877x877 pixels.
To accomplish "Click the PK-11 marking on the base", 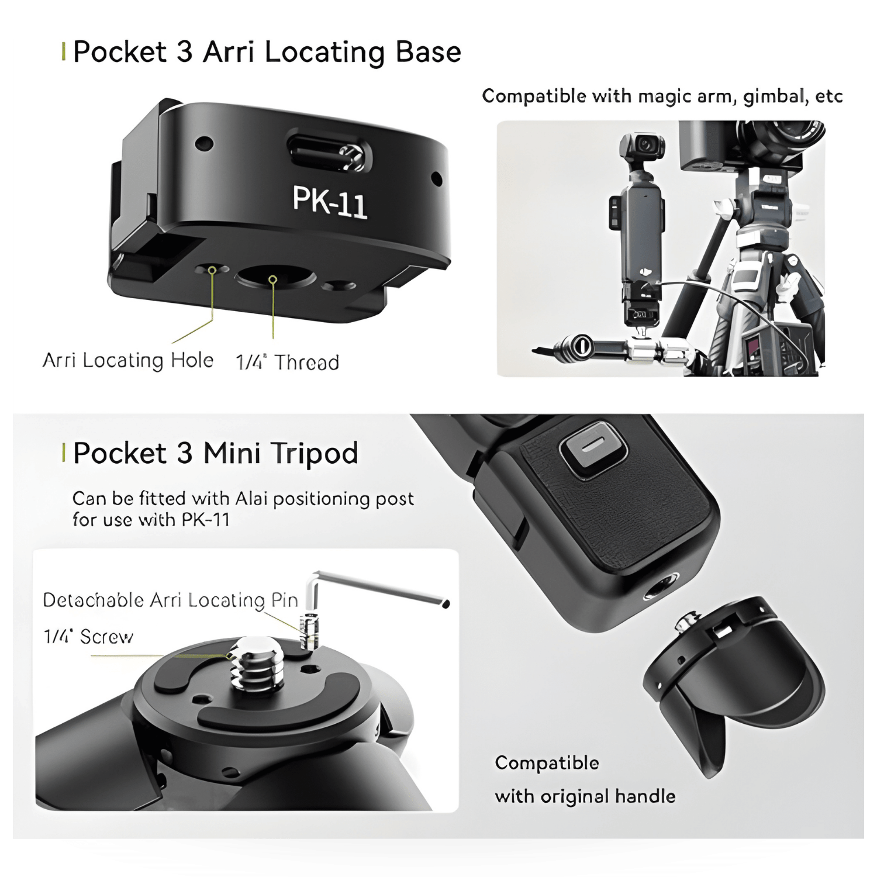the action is coord(330,202).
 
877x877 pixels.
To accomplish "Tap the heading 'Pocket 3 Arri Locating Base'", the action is coord(267,52).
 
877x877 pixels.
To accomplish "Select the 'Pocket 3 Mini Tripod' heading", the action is coord(216,453).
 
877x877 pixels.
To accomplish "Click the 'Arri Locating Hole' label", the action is coord(128,360).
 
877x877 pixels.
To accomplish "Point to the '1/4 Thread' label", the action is coord(287,362).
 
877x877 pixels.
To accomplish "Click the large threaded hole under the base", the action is coord(274,277).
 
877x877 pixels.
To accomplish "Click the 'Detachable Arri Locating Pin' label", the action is coord(170,600).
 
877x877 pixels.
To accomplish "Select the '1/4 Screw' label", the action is coord(88,636).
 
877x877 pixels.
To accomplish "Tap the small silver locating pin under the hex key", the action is coord(309,631).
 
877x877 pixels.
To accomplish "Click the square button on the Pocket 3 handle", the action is coord(593,450).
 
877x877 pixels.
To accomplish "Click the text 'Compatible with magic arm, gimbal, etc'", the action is coord(662,96).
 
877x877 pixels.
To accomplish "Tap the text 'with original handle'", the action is coord(585,796).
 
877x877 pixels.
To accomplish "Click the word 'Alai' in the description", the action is coord(251,499).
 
